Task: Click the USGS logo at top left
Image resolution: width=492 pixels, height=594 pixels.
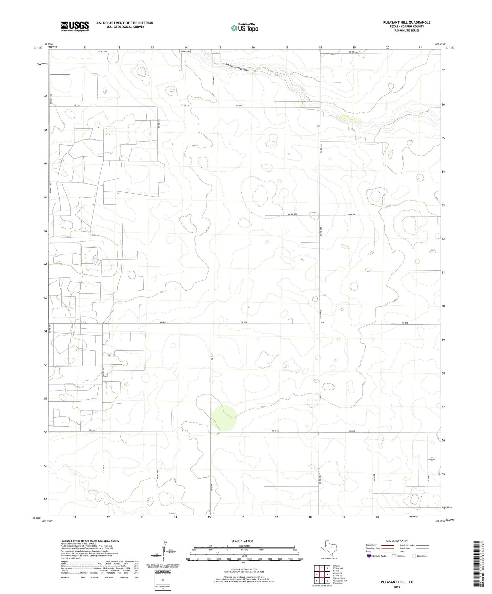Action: [75, 26]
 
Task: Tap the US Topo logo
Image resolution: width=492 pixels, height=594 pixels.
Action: [244, 28]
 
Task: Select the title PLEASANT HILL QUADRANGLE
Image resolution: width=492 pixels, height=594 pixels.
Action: [407, 22]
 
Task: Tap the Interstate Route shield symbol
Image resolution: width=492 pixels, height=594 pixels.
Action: [369, 556]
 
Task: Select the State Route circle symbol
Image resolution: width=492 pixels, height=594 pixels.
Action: [414, 556]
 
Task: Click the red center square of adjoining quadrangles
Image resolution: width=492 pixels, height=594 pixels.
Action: [322, 574]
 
